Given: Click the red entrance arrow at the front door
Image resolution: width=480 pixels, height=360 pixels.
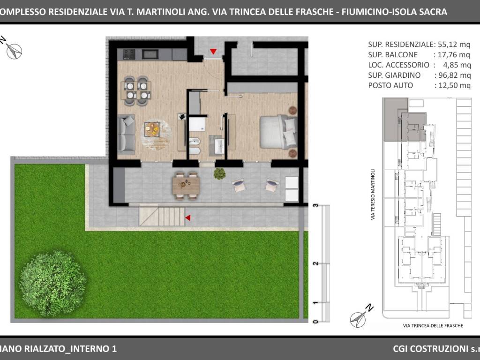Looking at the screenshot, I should (213, 51).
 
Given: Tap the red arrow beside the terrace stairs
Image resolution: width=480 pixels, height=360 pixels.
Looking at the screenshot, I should (187, 217).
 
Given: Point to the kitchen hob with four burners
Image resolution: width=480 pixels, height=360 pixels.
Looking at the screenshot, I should (129, 54).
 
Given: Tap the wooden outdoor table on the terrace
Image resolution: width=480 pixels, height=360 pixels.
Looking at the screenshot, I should (186, 185).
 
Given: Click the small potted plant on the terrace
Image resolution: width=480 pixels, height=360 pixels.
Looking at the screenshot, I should (219, 174).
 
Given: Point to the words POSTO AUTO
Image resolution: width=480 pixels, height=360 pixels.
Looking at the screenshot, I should (390, 85).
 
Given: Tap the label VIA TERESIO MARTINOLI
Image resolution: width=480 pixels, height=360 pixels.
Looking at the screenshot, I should (373, 195).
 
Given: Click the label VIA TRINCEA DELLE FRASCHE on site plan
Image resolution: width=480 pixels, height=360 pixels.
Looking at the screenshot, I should (433, 325).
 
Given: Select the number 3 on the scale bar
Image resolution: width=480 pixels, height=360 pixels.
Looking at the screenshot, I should (316, 205).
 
